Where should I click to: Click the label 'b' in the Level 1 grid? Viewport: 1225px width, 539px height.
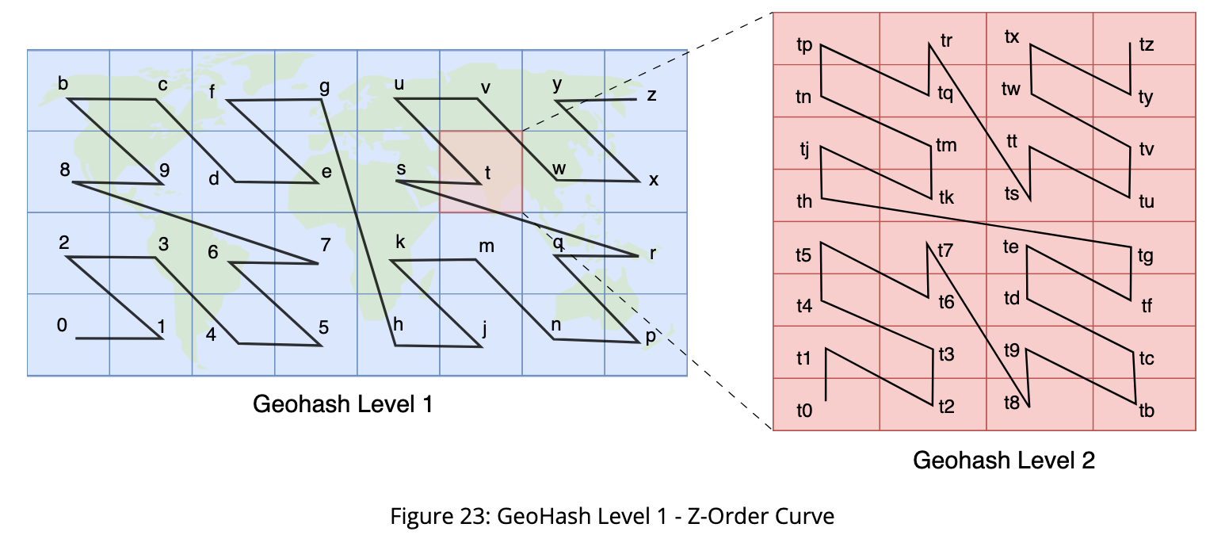[63, 83]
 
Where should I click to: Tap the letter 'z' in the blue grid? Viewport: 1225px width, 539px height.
[651, 95]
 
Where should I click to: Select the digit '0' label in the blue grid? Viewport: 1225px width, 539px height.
[62, 325]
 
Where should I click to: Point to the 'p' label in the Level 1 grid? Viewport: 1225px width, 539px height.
[651, 335]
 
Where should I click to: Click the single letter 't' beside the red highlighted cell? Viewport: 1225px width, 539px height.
[487, 174]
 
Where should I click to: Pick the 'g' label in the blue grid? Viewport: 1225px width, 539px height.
[324, 87]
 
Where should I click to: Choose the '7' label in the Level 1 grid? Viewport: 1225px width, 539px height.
[326, 245]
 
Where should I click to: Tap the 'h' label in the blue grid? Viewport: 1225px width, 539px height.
[398, 324]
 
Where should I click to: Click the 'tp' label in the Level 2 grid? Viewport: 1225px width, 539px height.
[804, 45]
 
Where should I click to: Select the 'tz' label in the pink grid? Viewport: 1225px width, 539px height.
[1147, 44]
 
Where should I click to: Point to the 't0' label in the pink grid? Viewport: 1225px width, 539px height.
[804, 411]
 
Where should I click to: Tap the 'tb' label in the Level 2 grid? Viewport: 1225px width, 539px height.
[1147, 411]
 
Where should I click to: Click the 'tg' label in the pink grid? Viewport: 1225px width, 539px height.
[1146, 256]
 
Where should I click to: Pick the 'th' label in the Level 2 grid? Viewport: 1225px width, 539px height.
[804, 201]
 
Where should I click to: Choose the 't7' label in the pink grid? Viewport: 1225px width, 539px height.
[945, 250]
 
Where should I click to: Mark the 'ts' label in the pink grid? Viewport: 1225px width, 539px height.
[1012, 193]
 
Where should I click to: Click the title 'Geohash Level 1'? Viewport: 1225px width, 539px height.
[343, 404]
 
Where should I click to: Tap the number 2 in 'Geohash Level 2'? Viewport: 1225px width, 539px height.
[1088, 461]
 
